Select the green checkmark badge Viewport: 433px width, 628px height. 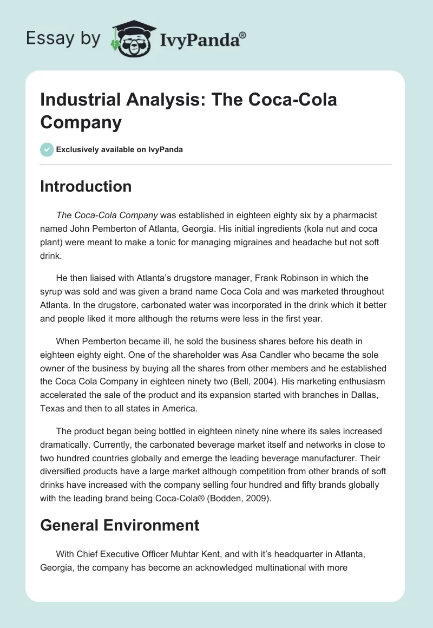click(47, 149)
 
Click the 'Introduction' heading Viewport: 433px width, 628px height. click(86, 186)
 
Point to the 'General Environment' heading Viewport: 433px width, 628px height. click(120, 525)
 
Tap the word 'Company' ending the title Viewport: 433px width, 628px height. click(81, 122)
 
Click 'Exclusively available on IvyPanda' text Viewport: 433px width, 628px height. click(120, 149)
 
